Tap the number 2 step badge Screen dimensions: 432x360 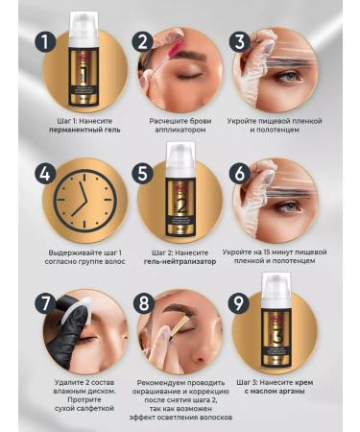click(142, 42)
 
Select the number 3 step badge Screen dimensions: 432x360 click(240, 42)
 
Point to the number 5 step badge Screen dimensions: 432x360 click(143, 175)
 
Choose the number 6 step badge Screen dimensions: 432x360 click(240, 175)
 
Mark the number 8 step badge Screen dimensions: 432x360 click(143, 304)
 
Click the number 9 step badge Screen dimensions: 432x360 click(240, 304)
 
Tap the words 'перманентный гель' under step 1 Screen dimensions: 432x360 click(84, 134)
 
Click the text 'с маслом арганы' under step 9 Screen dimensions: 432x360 click(277, 395)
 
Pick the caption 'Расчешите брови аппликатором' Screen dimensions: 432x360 click(180, 128)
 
